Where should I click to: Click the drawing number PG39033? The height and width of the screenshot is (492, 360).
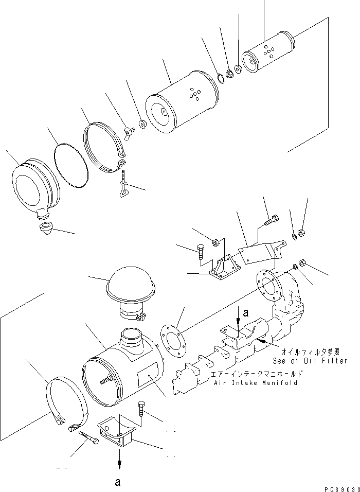pyautogui.click(x=340, y=486)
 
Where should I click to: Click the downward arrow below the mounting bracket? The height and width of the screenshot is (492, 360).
pyautogui.click(x=119, y=460)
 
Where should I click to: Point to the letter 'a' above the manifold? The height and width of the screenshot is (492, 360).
pyautogui.click(x=246, y=311)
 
